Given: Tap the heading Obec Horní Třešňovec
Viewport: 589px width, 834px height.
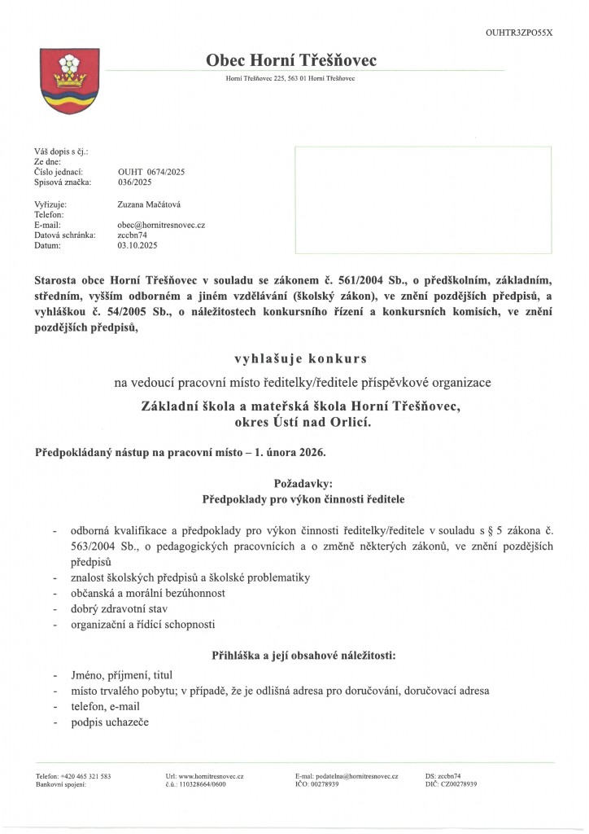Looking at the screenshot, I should click(x=291, y=60).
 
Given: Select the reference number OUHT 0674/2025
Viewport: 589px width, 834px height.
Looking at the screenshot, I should click(x=151, y=172).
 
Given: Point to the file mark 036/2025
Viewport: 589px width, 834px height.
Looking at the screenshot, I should click(x=135, y=182).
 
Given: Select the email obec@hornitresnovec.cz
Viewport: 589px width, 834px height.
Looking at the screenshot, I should click(x=161, y=224).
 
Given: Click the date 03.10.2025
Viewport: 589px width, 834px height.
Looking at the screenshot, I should click(x=137, y=244).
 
